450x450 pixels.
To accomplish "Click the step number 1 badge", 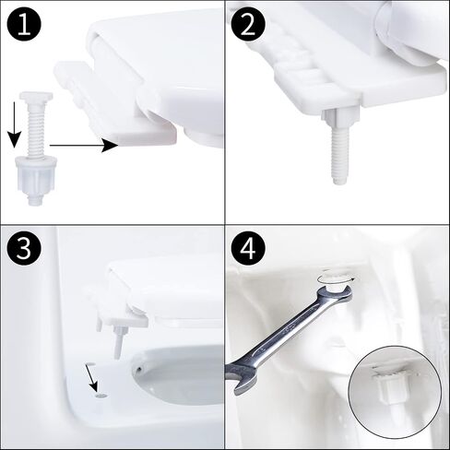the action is pyautogui.click(x=24, y=25).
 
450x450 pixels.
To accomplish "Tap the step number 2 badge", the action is pyautogui.click(x=248, y=25).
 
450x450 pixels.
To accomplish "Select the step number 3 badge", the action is pyautogui.click(x=24, y=248).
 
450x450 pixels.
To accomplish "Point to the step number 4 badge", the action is pyautogui.click(x=248, y=248).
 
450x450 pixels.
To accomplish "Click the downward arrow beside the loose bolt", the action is pyautogui.click(x=14, y=125).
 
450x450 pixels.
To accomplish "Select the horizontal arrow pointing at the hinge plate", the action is pyautogui.click(x=84, y=145).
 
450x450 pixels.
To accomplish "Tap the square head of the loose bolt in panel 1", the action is pyautogui.click(x=36, y=96).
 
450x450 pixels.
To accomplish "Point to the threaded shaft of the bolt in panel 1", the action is pyautogui.click(x=37, y=127).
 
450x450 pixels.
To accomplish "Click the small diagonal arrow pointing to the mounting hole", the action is pyautogui.click(x=91, y=377).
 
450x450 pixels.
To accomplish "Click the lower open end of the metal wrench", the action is pyautogui.click(x=239, y=379).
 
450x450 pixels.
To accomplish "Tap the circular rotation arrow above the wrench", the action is pyautogui.click(x=337, y=278).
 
